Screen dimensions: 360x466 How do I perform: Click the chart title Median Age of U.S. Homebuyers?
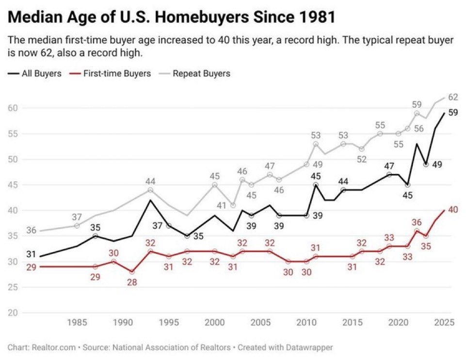click(x=172, y=18)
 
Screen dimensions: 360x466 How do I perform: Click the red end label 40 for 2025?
click(x=453, y=210)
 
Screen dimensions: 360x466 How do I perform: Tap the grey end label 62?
click(x=453, y=97)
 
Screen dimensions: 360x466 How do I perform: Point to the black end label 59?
click(x=453, y=113)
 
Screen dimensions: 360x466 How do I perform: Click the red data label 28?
click(x=131, y=282)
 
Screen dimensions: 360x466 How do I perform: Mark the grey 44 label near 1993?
click(x=151, y=181)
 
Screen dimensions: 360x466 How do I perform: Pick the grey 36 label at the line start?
click(x=31, y=230)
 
